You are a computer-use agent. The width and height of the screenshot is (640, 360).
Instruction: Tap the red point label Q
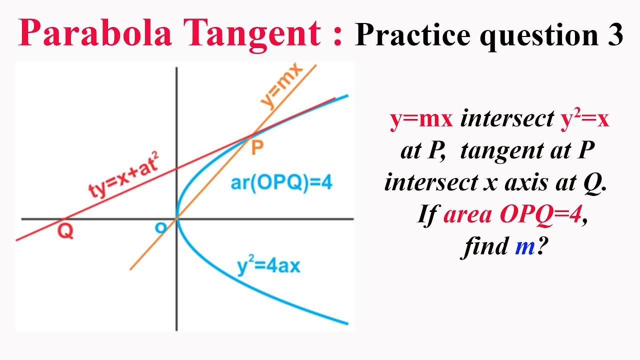65,231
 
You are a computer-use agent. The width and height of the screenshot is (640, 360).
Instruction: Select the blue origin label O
160,228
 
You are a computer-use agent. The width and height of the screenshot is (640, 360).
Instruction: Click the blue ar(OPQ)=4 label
281,183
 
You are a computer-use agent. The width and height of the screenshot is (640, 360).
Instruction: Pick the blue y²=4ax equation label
268,265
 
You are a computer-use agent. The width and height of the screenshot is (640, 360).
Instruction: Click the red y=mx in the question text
421,120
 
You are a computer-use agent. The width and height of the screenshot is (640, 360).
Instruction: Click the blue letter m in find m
524,247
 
